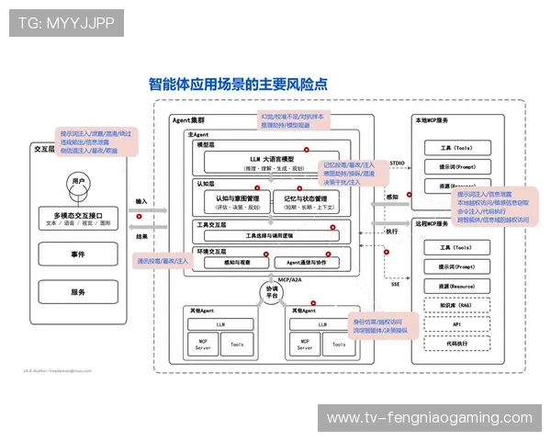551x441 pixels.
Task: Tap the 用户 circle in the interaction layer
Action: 79,181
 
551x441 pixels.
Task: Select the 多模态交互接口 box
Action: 79,219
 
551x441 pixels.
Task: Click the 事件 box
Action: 79,254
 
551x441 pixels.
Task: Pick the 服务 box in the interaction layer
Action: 79,292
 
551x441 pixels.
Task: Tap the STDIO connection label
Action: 397,163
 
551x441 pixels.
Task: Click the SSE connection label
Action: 395,284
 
